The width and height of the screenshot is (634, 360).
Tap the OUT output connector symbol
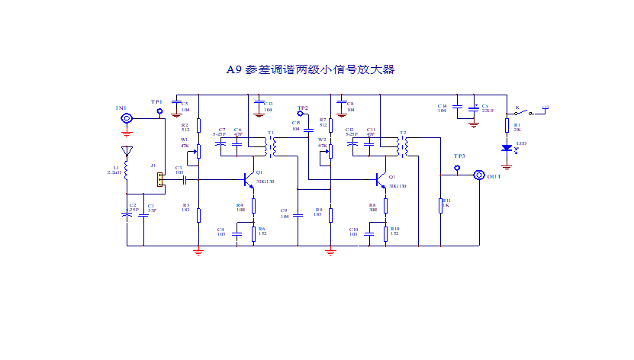click(x=479, y=175)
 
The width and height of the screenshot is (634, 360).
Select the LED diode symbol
click(x=506, y=148)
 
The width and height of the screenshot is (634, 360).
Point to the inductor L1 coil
click(x=127, y=172)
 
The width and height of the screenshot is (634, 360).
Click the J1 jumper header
click(x=159, y=179)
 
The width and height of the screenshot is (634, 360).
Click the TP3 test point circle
click(x=457, y=168)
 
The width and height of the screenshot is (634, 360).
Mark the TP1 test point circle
click(x=159, y=111)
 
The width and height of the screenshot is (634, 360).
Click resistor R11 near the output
click(x=440, y=206)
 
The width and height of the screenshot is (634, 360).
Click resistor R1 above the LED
click(x=506, y=126)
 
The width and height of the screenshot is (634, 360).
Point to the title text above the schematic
click(x=311, y=69)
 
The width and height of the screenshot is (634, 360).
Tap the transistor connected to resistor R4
click(x=249, y=180)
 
